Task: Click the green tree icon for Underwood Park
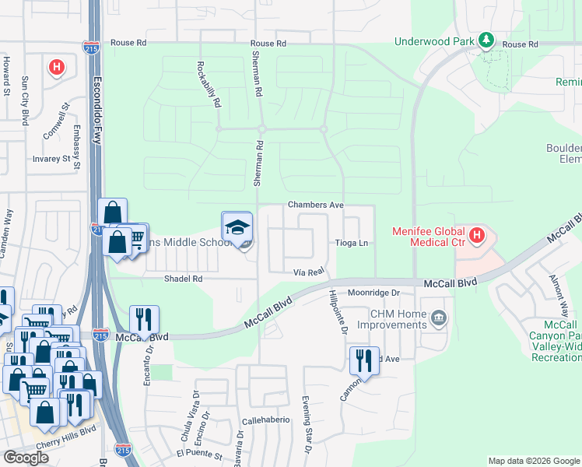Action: [487, 39]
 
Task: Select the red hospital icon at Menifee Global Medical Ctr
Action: [477, 233]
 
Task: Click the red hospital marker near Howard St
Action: [56, 68]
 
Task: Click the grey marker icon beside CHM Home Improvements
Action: [439, 318]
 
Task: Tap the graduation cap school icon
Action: [237, 226]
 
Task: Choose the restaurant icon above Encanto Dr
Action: [144, 319]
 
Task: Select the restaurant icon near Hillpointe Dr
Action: [364, 361]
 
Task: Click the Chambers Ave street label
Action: [316, 205]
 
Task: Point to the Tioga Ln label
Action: [351, 244]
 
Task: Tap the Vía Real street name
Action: [307, 272]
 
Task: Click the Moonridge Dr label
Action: [373, 293]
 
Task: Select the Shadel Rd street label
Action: [183, 278]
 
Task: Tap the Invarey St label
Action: [52, 159]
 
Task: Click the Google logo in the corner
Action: [26, 458]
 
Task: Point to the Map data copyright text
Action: [534, 461]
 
